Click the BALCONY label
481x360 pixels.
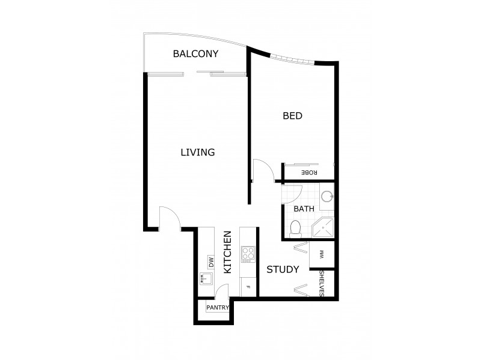pyautogui.click(x=195, y=54)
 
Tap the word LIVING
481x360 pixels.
pyautogui.click(x=198, y=152)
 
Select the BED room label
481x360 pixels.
pyautogui.click(x=292, y=116)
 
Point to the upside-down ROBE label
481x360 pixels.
pyautogui.click(x=309, y=172)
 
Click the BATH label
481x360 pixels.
pyautogui.click(x=304, y=209)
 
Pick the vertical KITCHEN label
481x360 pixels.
pyautogui.click(x=228, y=252)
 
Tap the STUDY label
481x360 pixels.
pyautogui.click(x=283, y=270)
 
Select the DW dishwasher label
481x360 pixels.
pyautogui.click(x=211, y=262)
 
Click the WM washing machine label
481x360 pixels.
pyautogui.click(x=322, y=254)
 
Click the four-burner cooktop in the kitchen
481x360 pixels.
pyautogui.click(x=248, y=255)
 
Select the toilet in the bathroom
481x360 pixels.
pyautogui.click(x=295, y=227)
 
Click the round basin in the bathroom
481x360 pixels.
pyautogui.click(x=326, y=196)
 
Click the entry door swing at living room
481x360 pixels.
pyautogui.click(x=169, y=217)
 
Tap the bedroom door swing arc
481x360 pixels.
pyautogui.click(x=263, y=170)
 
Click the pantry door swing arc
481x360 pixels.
pyautogui.click(x=221, y=292)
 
